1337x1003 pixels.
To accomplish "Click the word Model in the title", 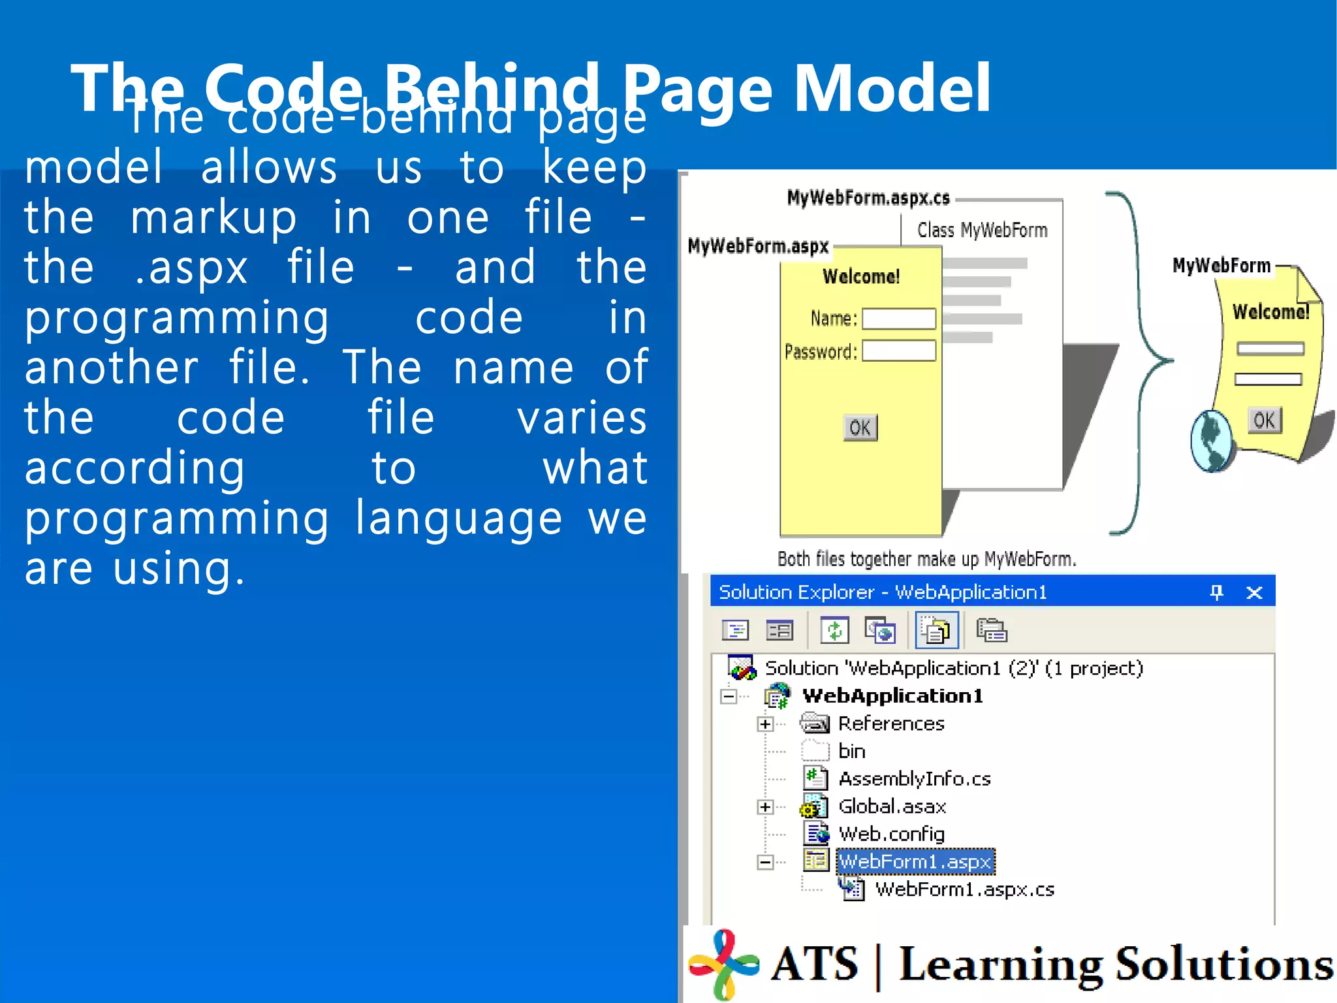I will click(892, 88).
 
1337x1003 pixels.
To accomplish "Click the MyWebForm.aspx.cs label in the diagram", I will click(868, 198).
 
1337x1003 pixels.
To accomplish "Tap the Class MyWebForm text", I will click(982, 231).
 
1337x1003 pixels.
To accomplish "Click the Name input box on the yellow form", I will click(899, 319).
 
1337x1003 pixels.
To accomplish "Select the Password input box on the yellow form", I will click(899, 351).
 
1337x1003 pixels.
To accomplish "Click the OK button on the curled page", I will click(1265, 420).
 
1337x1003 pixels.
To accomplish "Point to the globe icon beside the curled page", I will click(1212, 440).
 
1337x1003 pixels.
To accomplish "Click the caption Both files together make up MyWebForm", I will click(926, 560).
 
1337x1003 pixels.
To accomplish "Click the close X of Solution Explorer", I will click(1254, 593).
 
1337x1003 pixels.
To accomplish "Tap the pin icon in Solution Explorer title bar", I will click(1216, 592).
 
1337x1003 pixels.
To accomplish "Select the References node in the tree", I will click(891, 724).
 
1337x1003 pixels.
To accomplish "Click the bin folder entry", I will click(851, 752).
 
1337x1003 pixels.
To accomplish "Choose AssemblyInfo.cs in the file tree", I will click(914, 779).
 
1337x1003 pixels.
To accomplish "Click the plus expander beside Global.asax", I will click(765, 807).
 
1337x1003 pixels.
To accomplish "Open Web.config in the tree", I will click(891, 834).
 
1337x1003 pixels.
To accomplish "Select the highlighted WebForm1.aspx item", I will click(915, 862).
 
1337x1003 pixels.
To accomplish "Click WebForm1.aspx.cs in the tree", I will click(964, 890).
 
